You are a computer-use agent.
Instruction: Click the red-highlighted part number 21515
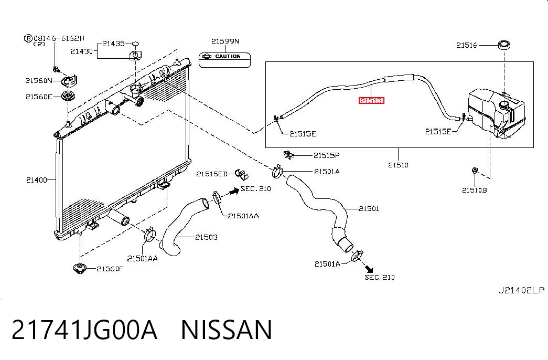pos(371,100)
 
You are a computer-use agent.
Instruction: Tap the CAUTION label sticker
pos(225,59)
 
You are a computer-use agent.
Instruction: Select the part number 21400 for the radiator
pos(36,180)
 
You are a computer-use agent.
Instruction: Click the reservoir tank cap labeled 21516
pos(504,45)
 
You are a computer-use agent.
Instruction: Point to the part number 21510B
pos(474,190)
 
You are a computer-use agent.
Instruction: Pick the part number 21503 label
pos(206,237)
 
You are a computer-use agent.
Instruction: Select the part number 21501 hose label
pos(368,208)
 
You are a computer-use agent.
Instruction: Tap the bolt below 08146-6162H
pos(55,69)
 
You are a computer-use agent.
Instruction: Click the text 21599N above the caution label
pos(225,41)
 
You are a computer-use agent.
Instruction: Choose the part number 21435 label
pos(113,44)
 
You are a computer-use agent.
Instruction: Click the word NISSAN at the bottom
pos(227,330)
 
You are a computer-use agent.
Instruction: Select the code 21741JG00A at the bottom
pos(84,330)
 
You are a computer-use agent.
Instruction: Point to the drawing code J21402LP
pos(521,290)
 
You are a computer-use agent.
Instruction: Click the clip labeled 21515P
pos(288,154)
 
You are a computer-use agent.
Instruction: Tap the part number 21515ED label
pos(212,174)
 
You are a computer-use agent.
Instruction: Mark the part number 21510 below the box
pos(398,165)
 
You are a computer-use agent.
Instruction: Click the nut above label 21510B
pos(475,171)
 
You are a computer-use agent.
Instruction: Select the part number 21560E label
pos(39,97)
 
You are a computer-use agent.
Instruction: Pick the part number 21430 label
pos(82,51)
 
